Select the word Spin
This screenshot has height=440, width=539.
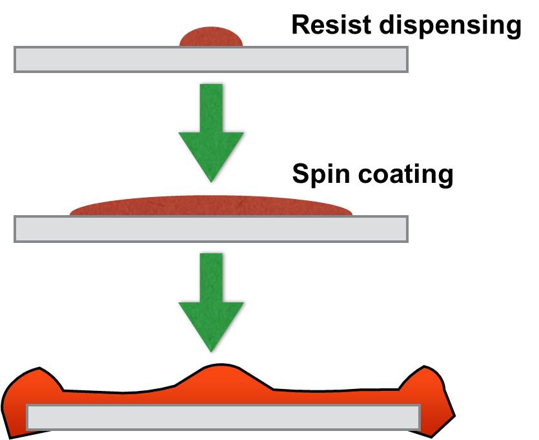[x=317, y=174]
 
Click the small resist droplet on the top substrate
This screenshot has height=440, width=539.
[x=211, y=37]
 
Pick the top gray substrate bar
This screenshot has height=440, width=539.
[x=210, y=59]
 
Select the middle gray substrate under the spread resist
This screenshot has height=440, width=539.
[x=210, y=228]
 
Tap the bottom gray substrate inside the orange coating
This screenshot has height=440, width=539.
[x=223, y=417]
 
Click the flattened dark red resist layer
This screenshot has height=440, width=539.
[x=211, y=206]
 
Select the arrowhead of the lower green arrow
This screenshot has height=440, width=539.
[x=210, y=326]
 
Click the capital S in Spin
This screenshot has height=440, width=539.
[x=300, y=174]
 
